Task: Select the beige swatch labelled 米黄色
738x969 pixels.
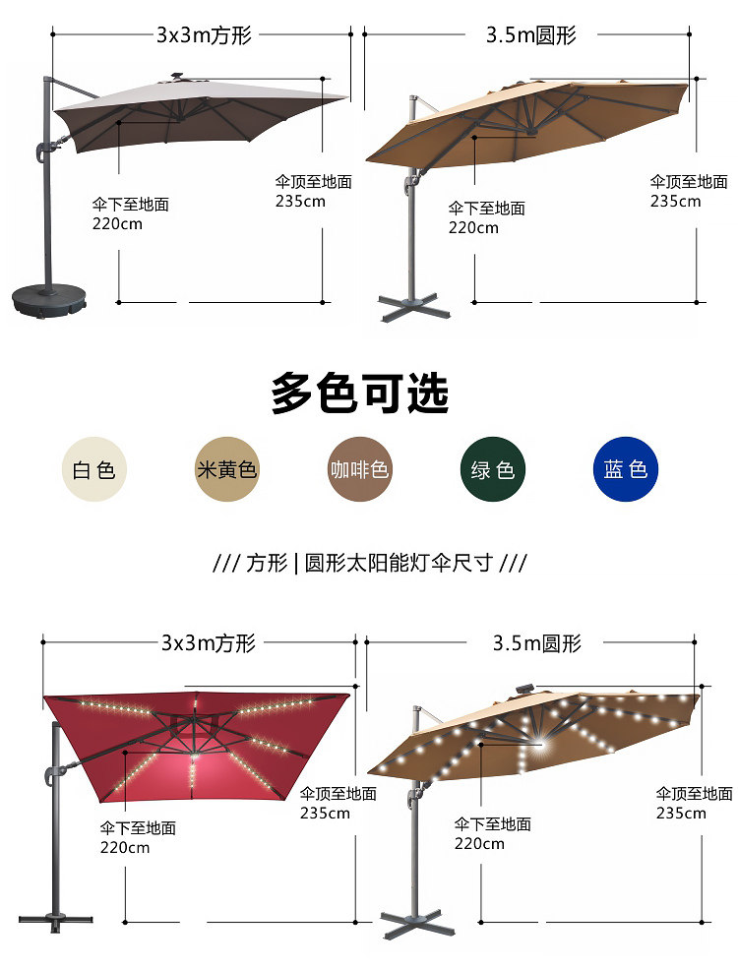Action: point(226,469)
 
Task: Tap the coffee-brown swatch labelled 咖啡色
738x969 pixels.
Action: point(359,469)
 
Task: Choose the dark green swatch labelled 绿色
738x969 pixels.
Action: point(493,469)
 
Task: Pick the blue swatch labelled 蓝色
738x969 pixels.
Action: point(626,469)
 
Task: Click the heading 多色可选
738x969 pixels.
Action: point(360,394)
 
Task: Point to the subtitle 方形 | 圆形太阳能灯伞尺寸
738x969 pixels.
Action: point(370,564)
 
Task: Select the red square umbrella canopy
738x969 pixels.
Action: point(197,743)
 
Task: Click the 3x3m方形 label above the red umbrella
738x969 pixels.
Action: point(208,643)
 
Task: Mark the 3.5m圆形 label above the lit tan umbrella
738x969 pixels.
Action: point(537,643)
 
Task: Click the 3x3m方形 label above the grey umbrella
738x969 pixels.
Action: point(204,36)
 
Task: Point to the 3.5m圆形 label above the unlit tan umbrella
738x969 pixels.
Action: point(530,36)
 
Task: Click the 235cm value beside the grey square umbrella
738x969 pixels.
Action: point(299,202)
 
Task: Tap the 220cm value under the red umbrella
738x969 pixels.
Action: point(125,847)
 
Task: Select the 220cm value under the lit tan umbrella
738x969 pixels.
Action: point(479,843)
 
